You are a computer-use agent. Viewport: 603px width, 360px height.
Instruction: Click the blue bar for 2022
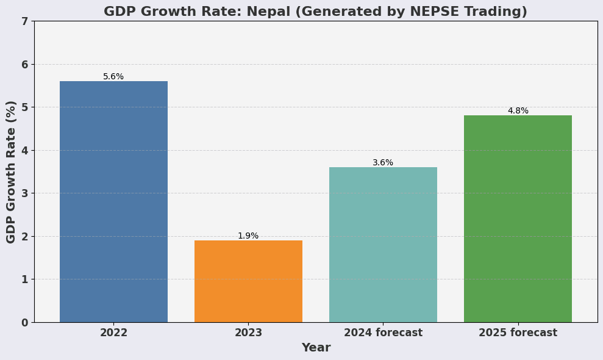point(113,201)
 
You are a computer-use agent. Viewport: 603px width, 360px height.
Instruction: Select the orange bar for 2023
point(248,281)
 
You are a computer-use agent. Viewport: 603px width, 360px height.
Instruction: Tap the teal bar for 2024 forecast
point(383,245)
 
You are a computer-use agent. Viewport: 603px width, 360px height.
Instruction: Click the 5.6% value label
point(113,77)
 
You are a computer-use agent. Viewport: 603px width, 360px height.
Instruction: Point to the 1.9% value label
point(248,236)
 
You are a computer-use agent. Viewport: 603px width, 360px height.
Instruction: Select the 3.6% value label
point(383,163)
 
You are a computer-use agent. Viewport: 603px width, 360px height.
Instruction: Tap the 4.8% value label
point(518,111)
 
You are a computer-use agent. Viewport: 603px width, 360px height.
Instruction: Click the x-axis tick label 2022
point(113,333)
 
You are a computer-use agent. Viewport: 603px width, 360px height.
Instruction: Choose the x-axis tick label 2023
point(248,333)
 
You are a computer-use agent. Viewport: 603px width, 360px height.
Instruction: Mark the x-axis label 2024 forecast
point(383,333)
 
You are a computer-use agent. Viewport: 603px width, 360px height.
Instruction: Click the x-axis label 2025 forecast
point(518,333)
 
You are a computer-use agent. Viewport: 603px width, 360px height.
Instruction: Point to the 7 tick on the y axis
point(24,21)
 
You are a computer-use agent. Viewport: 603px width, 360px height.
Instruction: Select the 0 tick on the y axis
point(24,322)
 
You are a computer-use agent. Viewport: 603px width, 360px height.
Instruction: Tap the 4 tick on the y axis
point(24,150)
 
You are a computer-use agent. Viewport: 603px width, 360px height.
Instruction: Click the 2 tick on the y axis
point(24,236)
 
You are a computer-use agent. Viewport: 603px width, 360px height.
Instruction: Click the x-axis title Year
point(316,348)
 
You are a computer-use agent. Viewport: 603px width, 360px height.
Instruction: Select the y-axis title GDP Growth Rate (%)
point(12,171)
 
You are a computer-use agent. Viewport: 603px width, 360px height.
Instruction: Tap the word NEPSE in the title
point(419,12)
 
